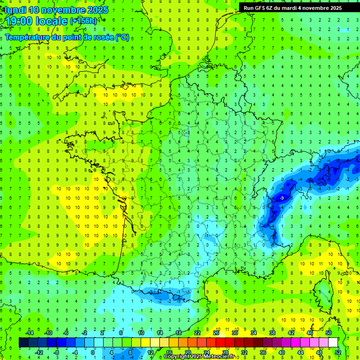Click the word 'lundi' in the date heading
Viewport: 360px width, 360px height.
15,10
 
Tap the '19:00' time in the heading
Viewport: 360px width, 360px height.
20,21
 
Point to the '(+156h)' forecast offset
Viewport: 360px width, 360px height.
83,21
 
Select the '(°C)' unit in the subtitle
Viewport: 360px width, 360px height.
122,37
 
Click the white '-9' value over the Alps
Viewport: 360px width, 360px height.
281,199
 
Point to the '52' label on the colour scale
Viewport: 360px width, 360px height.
338,352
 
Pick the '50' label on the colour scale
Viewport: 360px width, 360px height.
329,333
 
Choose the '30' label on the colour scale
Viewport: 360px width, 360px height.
234,333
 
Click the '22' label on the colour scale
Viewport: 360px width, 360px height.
197,333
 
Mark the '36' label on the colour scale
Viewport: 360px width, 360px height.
262,352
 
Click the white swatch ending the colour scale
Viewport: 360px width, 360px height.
333,342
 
